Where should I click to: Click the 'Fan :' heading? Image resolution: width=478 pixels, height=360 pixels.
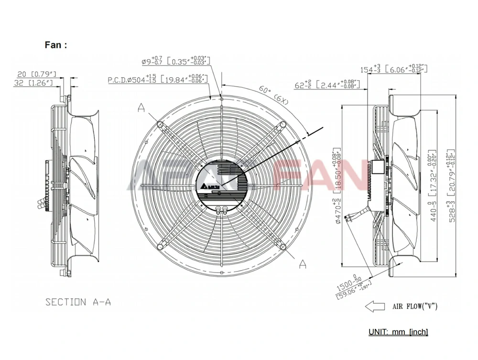coord(56,45)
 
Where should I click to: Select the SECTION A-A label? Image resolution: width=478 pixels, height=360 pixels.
coord(78,302)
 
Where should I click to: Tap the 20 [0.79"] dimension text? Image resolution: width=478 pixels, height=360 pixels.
coord(37,74)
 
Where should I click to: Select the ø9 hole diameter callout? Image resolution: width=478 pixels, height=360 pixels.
coord(176,61)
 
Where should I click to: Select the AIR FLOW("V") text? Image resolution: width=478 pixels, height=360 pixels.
coord(414,306)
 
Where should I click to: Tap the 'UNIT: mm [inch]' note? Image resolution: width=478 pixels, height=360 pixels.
coord(398,332)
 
